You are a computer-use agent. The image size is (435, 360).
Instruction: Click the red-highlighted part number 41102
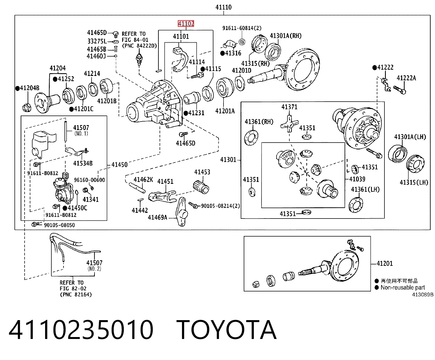tap(186, 23)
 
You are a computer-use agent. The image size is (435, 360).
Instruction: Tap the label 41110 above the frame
tap(224, 7)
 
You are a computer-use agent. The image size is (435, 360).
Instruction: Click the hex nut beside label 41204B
tap(27, 108)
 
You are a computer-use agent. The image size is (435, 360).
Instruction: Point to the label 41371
tap(289, 107)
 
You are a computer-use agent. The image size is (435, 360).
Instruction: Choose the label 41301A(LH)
tap(410, 137)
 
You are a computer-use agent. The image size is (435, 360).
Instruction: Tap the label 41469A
tap(157, 217)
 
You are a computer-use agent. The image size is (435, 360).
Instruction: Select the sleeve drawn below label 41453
tap(201, 187)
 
